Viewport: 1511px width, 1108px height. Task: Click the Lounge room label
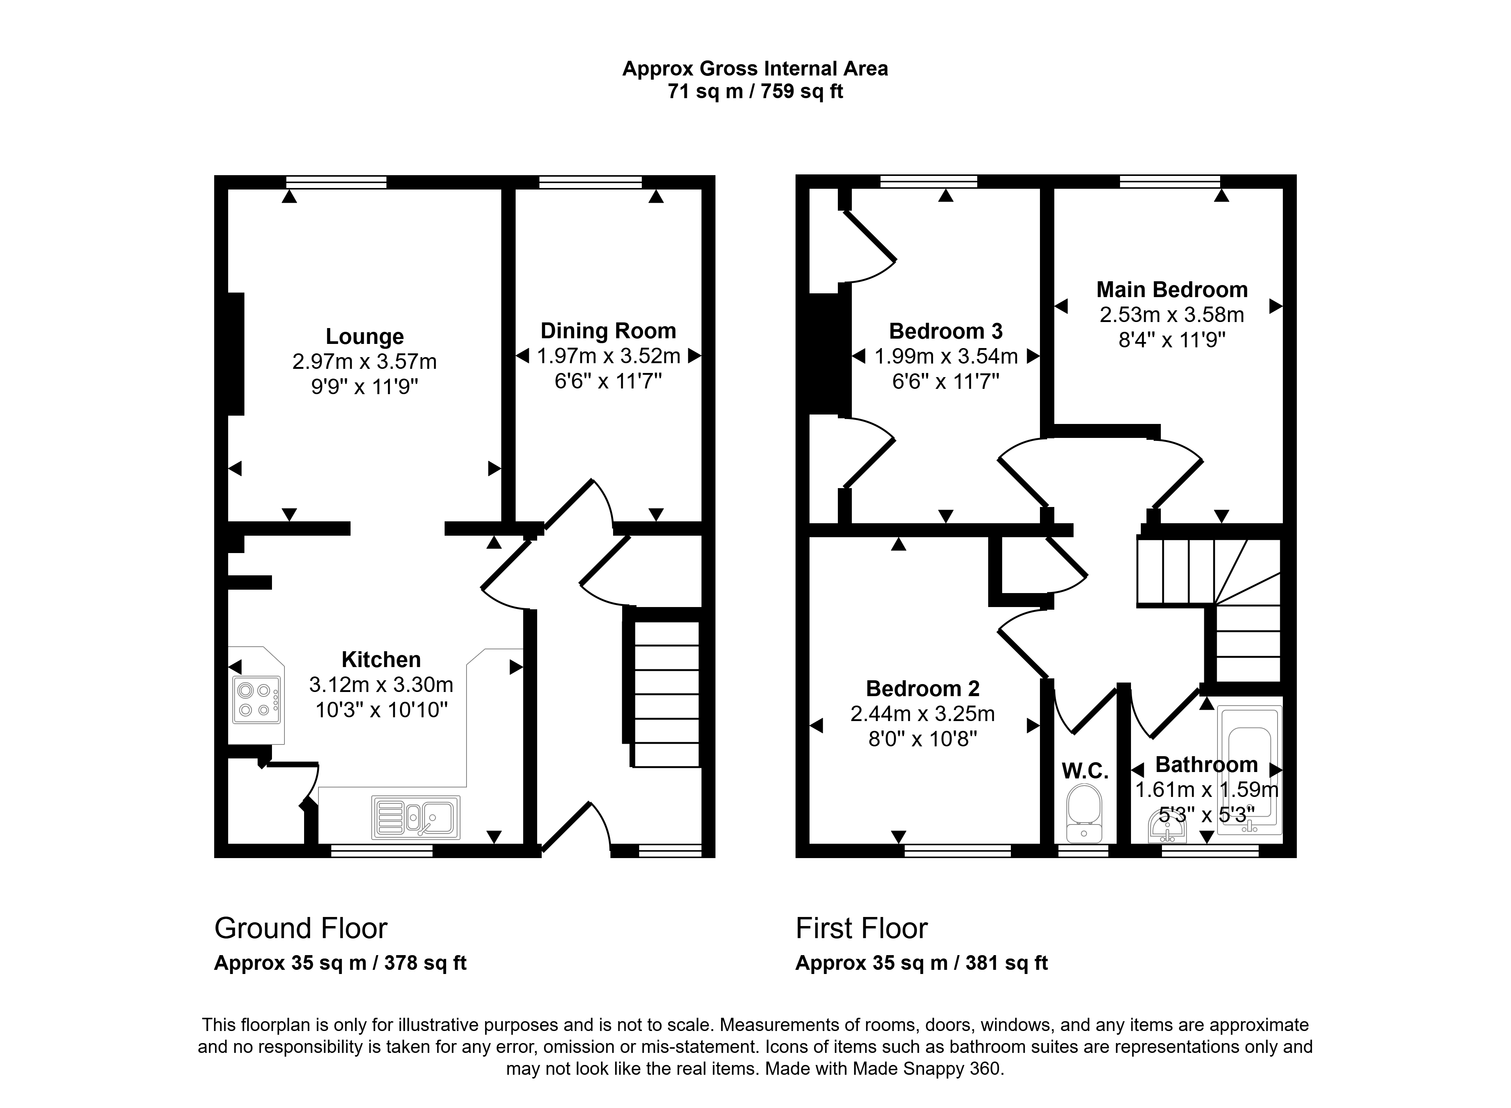tap(364, 336)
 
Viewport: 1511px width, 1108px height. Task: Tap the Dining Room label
tap(608, 331)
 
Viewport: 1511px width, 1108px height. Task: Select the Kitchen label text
tap(381, 659)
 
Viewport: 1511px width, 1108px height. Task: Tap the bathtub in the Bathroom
tap(1249, 769)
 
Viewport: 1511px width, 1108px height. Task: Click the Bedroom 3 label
tap(946, 331)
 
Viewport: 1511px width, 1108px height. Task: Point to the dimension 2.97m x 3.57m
tap(364, 362)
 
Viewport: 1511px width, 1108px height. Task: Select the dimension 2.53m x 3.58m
tap(1172, 314)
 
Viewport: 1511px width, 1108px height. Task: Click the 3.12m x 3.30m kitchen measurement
tap(381, 685)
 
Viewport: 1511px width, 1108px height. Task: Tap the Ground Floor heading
tap(301, 928)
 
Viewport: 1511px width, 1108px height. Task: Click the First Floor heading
tap(862, 928)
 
